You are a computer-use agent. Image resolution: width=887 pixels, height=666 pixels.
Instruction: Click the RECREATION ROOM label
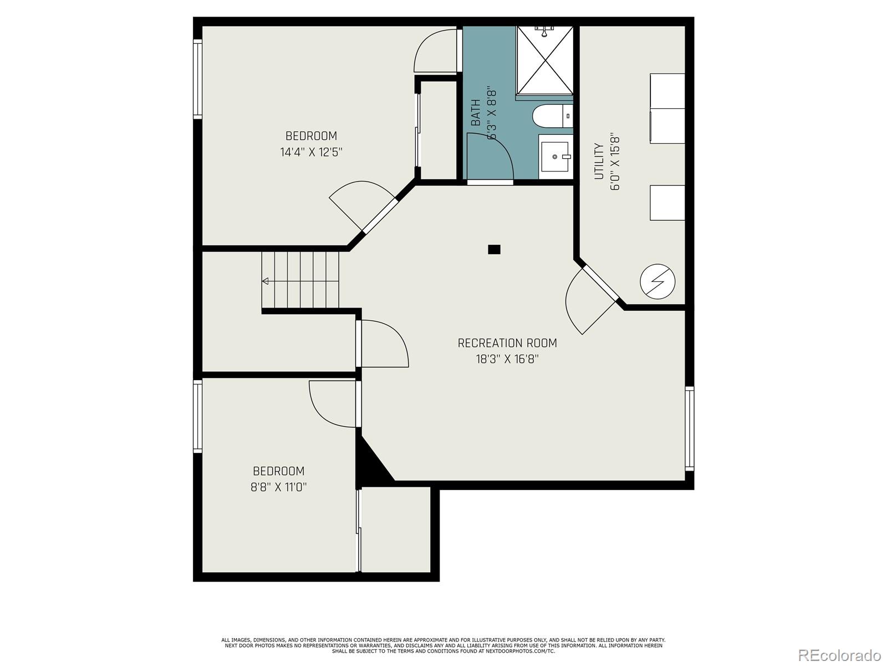click(507, 343)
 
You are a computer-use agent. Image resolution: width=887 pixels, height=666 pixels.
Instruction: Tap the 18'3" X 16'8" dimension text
click(507, 359)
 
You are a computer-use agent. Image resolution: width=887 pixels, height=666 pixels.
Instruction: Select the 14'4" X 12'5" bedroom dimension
click(311, 152)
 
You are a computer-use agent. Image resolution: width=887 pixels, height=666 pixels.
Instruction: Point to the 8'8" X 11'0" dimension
click(279, 487)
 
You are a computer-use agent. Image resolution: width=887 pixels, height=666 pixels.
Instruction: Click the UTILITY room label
click(599, 162)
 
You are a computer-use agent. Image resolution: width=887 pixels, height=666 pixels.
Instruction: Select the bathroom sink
click(554, 157)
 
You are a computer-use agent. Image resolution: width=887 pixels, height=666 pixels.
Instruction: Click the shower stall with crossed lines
click(544, 60)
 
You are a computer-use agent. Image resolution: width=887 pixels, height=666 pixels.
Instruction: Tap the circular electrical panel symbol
click(657, 281)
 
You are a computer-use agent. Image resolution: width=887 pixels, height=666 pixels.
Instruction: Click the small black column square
click(494, 250)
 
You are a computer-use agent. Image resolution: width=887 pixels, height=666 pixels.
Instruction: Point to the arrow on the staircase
click(266, 281)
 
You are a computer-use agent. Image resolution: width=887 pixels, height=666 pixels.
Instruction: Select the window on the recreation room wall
click(689, 428)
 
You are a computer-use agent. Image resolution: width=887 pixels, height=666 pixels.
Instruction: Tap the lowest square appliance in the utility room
click(667, 203)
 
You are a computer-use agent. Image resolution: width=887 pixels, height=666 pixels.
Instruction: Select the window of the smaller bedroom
click(197, 416)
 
